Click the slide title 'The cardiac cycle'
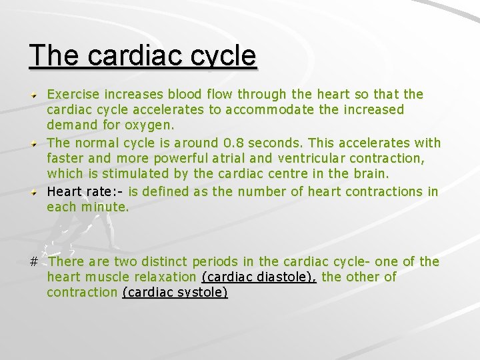[143, 56]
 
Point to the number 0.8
[235, 142]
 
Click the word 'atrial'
[203, 158]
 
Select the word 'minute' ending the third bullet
[103, 207]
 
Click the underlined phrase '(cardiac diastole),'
[258, 277]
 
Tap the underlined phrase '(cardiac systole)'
[175, 292]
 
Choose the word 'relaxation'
[165, 277]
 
